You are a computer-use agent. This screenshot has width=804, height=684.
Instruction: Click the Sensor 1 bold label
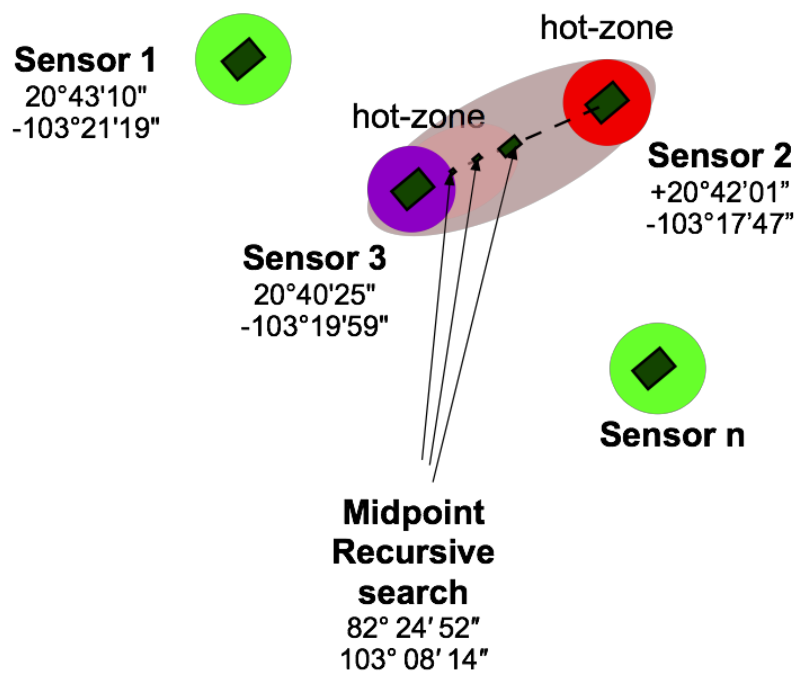point(85,60)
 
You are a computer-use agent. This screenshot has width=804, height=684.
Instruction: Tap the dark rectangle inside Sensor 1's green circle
point(243,59)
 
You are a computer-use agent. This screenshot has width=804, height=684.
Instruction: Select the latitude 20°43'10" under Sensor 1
point(86,96)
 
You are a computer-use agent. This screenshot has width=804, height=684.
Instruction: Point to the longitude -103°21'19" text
point(86,128)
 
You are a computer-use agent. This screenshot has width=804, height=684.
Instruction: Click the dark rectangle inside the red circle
point(607,102)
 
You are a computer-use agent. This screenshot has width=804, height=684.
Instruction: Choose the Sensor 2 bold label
point(719,156)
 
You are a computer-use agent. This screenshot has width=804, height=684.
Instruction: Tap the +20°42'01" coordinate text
point(720,192)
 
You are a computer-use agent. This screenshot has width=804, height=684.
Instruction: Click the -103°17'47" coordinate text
point(720,224)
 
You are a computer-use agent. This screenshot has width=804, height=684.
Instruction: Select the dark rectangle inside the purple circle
point(412,189)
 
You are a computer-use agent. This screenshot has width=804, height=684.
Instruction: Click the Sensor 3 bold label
point(314,258)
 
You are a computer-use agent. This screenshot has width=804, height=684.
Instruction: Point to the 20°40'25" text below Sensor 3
point(314,295)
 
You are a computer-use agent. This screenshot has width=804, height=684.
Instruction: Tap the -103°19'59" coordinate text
point(314,326)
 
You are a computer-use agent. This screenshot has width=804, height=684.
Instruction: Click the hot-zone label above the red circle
point(606,28)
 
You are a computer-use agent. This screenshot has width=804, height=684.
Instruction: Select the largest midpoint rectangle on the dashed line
point(510,146)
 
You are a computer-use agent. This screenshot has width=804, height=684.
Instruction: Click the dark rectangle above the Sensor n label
point(654,368)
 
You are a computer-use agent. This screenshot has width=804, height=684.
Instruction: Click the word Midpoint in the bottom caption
point(414,513)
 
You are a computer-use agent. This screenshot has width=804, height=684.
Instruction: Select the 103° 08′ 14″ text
point(414,659)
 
